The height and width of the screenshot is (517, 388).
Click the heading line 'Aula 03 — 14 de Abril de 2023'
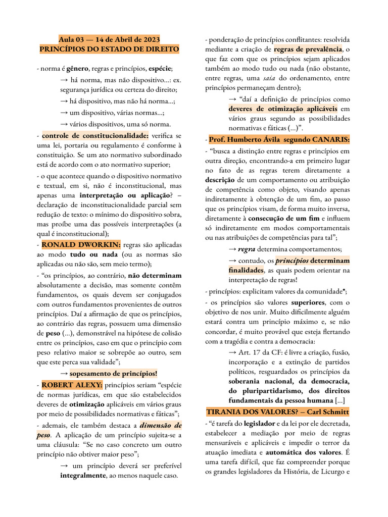coord(109,39)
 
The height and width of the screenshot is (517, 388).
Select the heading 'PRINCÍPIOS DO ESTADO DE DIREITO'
coord(109,49)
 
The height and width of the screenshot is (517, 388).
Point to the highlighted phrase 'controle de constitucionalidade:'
coord(95,136)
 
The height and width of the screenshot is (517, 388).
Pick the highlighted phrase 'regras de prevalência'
coord(308,49)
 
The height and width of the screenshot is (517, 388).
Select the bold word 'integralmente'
coord(83,475)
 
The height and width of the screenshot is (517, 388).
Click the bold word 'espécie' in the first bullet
coord(160,69)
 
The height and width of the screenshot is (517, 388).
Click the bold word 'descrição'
coord(220,180)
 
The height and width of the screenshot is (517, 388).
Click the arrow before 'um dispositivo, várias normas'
coord(64,113)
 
